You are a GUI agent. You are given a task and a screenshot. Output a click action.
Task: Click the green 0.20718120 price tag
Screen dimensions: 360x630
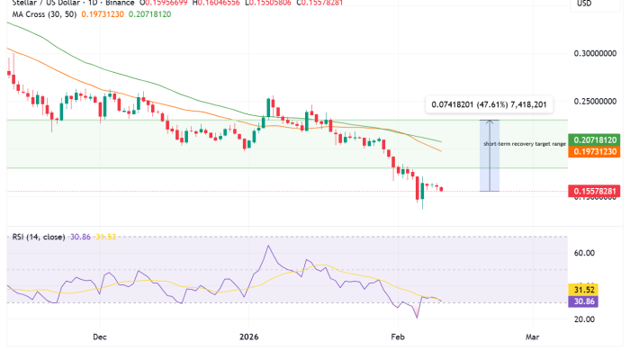click(x=595, y=140)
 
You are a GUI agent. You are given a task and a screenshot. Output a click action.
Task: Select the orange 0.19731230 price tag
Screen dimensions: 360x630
click(x=595, y=153)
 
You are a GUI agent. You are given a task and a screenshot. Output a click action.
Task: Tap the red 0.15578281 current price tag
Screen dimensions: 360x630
click(x=595, y=192)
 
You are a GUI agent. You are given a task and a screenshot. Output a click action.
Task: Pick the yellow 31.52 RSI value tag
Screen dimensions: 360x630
click(x=584, y=289)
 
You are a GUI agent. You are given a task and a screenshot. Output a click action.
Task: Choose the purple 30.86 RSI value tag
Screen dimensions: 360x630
click(x=584, y=301)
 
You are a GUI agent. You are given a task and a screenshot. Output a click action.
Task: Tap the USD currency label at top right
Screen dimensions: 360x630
click(x=585, y=4)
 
